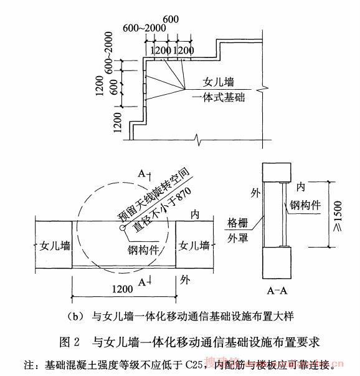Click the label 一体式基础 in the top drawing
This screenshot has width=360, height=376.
point(219,98)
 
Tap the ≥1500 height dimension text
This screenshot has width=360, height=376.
point(337,216)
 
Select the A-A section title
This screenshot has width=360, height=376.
point(277,291)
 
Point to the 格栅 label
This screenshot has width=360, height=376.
point(237,223)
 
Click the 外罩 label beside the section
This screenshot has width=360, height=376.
point(237,238)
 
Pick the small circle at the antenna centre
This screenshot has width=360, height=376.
point(123,228)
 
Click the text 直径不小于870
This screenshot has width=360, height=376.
point(163,209)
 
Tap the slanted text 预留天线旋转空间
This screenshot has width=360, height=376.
point(153,194)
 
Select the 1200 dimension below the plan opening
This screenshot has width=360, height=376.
point(123,289)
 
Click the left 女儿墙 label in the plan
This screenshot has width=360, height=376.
point(55,246)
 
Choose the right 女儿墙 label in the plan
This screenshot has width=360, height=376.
point(194,246)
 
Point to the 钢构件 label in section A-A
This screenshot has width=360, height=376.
point(305,205)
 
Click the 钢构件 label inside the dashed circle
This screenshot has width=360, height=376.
point(143,250)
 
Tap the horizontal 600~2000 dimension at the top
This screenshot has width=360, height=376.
point(144,28)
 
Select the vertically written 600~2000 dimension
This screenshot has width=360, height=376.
point(108,52)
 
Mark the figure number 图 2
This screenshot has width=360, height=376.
point(69,342)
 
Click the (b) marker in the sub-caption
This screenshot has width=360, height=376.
point(75,317)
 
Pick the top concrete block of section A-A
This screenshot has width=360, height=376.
point(277,173)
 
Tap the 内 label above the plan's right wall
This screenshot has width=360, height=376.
point(195,215)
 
